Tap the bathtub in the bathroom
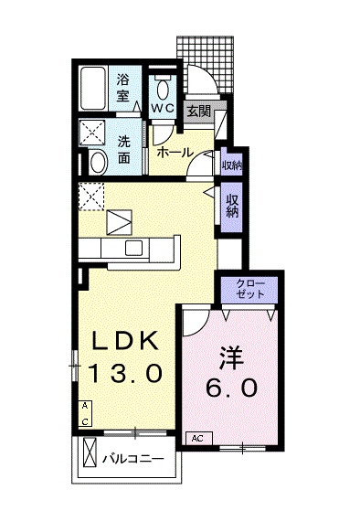pyautogui.click(x=93, y=88)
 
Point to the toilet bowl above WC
pyautogui.click(x=163, y=89)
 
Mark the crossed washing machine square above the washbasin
pyautogui.click(x=92, y=133)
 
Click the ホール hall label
pyautogui.click(x=174, y=153)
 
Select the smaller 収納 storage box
pyautogui.click(x=232, y=165)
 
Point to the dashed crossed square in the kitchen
pyautogui.click(x=91, y=197)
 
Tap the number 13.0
pyautogui.click(x=126, y=373)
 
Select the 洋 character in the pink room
pyautogui.click(x=232, y=356)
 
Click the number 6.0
pyautogui.click(x=232, y=387)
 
